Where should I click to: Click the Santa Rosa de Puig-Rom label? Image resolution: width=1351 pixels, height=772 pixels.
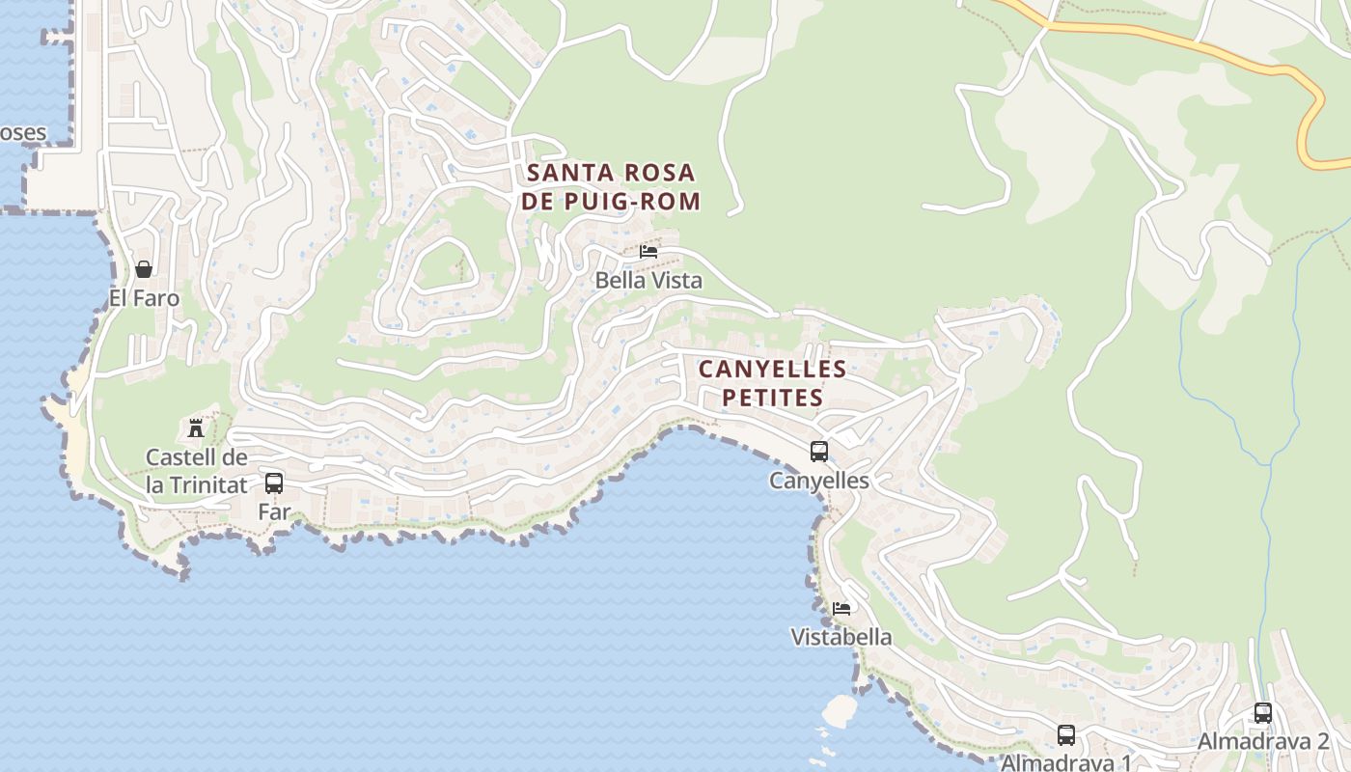[x=612, y=186]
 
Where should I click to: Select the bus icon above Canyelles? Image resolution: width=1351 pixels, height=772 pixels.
[x=819, y=451]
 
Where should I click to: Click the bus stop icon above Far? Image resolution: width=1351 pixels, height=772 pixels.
[x=274, y=482]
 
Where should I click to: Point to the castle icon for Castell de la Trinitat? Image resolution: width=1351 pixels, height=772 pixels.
[x=196, y=427]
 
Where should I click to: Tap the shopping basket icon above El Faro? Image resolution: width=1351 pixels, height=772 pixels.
[x=144, y=269]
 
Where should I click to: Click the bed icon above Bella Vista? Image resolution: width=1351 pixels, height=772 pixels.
[x=648, y=252]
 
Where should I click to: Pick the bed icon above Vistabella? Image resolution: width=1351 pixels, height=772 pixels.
[x=841, y=609]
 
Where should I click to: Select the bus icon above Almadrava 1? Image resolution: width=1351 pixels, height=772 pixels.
[x=1065, y=734]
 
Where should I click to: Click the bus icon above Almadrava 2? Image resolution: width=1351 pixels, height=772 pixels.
[x=1262, y=713]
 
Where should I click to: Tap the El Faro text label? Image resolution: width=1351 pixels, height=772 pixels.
[x=144, y=298]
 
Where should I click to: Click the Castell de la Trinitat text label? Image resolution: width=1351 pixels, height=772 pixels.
[x=197, y=471]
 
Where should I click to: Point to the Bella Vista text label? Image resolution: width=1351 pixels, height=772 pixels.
[x=648, y=281]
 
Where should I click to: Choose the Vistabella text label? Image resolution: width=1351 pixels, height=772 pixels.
[x=841, y=638]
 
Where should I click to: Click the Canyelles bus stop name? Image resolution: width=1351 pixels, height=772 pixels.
[x=819, y=481]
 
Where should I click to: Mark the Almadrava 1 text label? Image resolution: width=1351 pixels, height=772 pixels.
[x=1065, y=762]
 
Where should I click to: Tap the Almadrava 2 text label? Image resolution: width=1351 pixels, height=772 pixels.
[x=1262, y=742]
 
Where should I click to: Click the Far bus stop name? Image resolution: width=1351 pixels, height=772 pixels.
[x=274, y=511]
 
